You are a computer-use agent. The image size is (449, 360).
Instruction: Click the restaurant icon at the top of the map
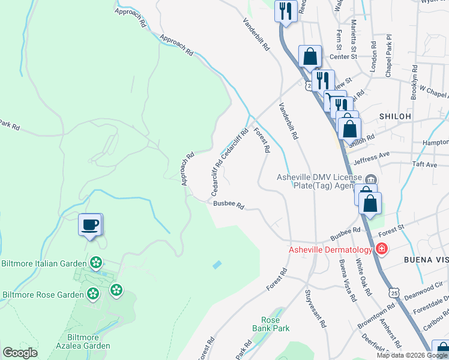(286, 11)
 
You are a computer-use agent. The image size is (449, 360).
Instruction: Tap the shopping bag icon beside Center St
(310, 57)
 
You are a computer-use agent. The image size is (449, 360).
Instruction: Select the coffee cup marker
(90, 225)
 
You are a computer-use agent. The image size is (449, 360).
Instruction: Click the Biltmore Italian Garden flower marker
(95, 263)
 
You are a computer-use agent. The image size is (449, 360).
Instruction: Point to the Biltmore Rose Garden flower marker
(92, 293)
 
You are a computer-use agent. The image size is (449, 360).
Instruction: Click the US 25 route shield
(393, 292)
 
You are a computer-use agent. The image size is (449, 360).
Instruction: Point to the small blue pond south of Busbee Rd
(217, 264)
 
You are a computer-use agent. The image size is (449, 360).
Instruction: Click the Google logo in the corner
(20, 353)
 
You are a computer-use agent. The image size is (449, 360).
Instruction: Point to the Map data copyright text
(412, 355)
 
